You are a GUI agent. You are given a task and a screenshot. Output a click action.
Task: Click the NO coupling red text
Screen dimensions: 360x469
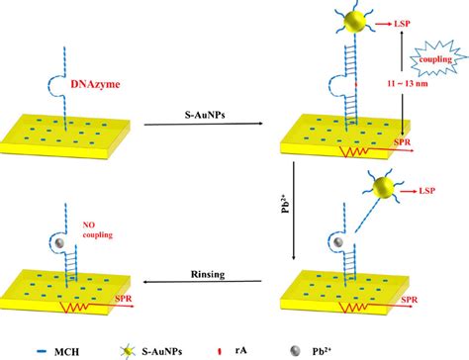(45, 207)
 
